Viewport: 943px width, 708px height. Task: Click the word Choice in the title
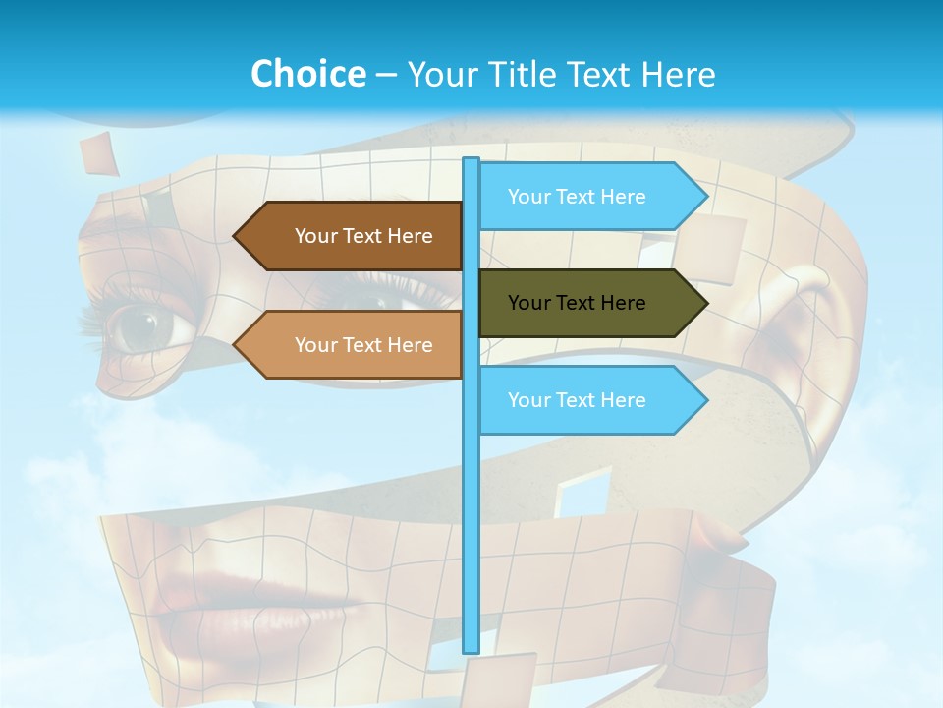[x=307, y=74]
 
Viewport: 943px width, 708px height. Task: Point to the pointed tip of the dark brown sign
[x=236, y=236]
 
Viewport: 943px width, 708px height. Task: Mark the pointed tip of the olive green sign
[x=705, y=303]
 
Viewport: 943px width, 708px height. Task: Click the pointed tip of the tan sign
[x=236, y=345]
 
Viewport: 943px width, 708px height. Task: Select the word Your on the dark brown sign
[x=315, y=236]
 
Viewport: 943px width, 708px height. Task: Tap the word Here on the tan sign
[x=410, y=345]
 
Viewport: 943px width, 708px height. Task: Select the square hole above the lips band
[x=582, y=492]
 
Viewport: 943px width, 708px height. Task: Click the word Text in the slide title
[x=598, y=74]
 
